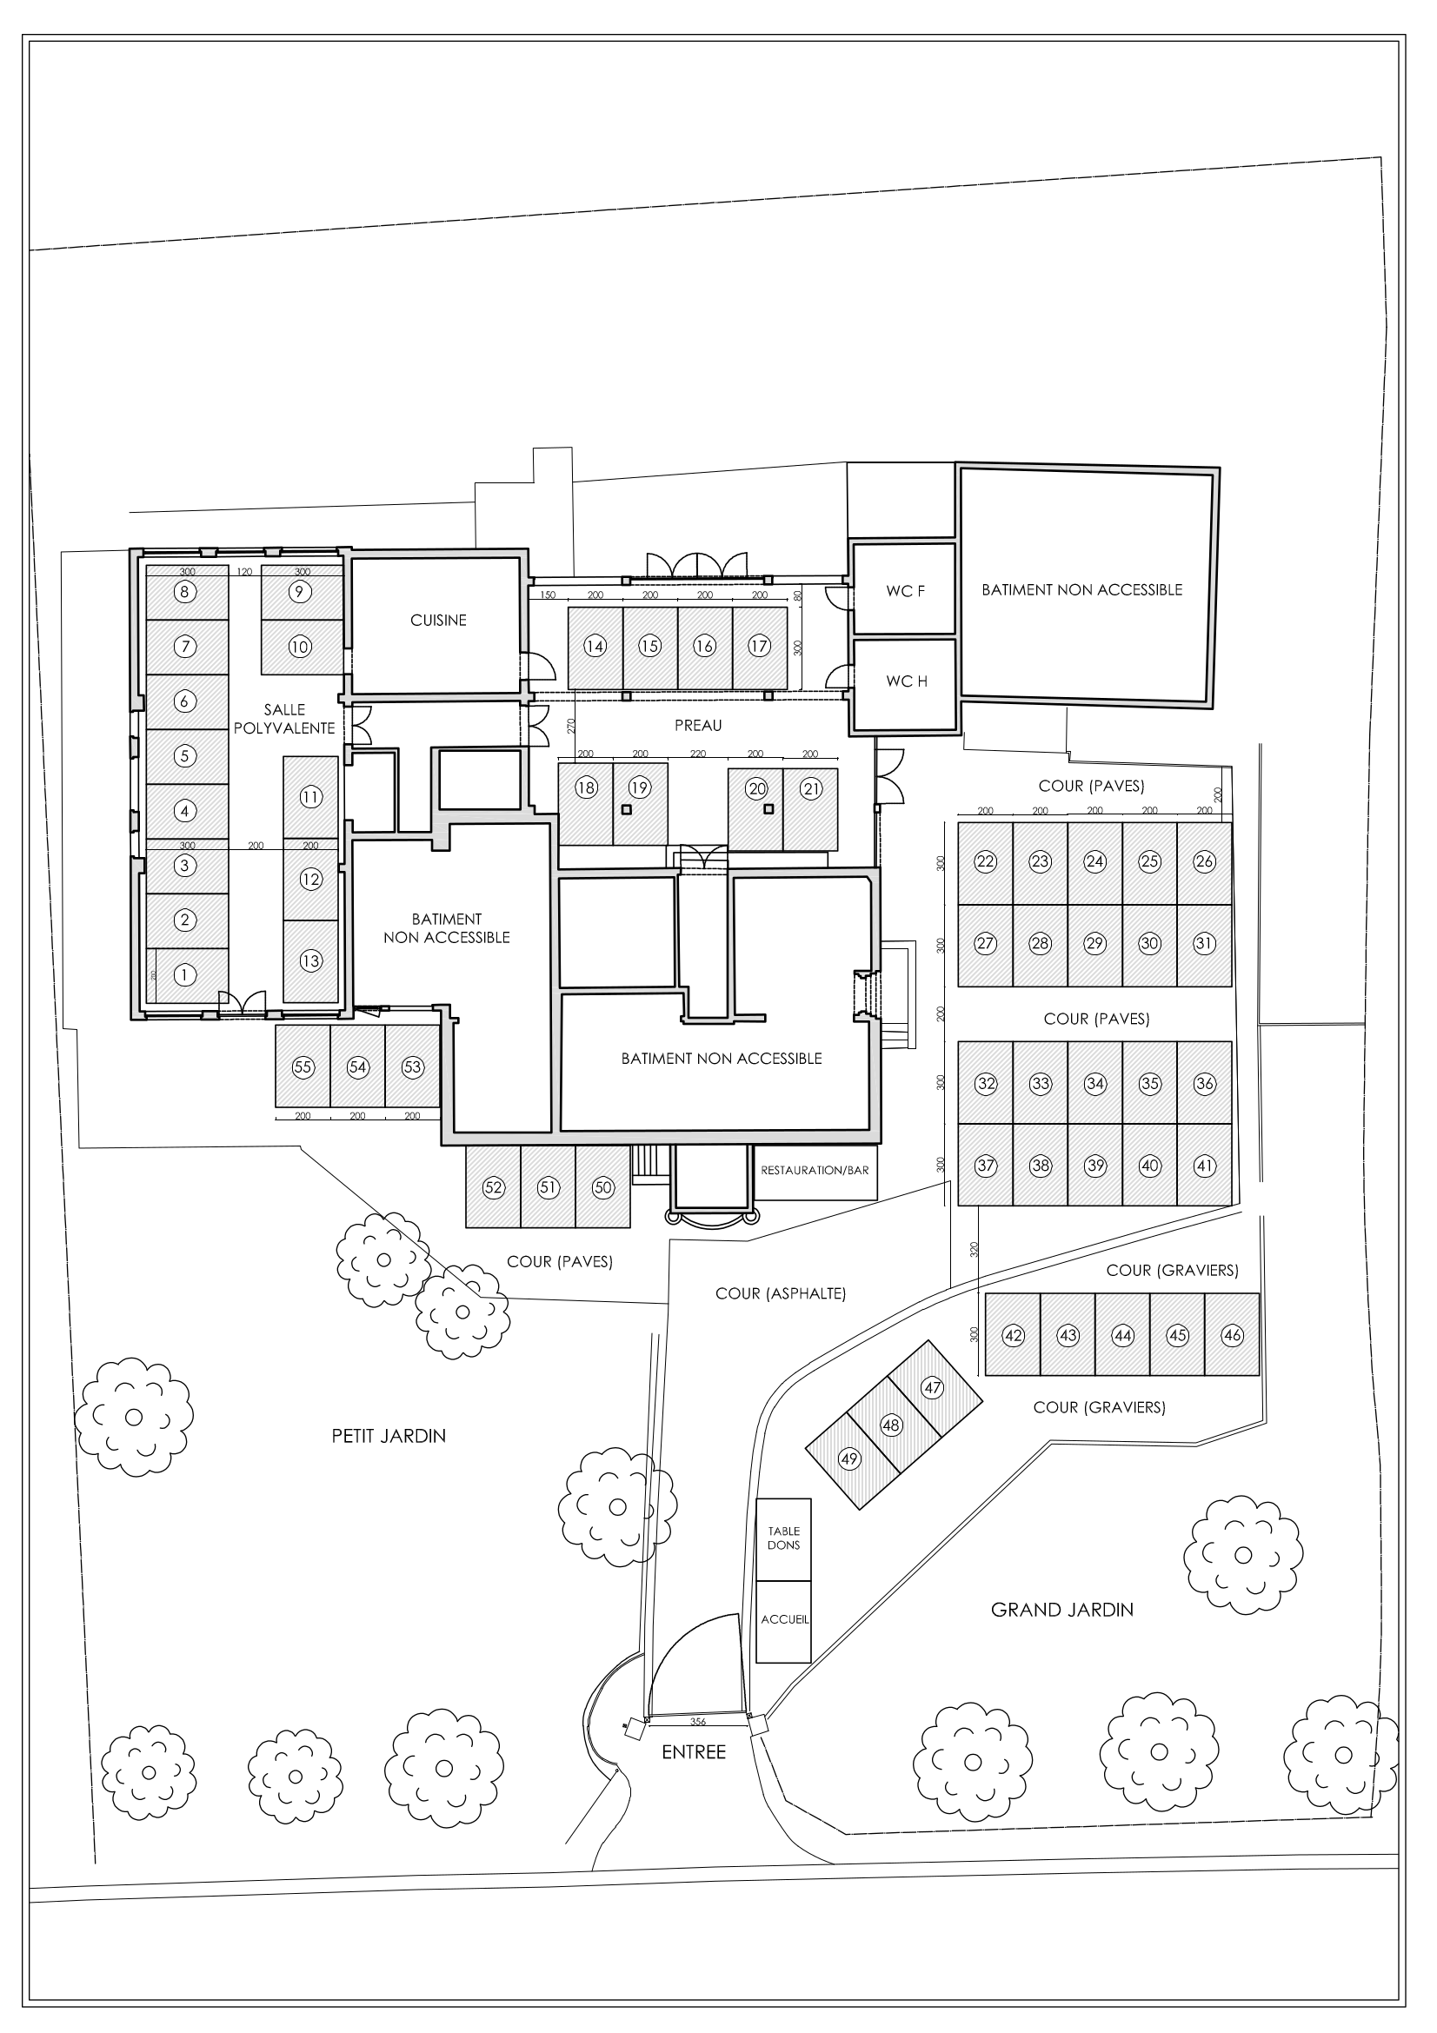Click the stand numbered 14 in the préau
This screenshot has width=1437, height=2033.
click(595, 647)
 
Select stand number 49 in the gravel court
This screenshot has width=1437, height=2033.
click(849, 1458)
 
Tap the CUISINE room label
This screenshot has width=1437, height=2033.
click(438, 621)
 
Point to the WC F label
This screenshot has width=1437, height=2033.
click(905, 592)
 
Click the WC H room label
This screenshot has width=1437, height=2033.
click(907, 681)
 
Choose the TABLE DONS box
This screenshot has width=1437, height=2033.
click(783, 1538)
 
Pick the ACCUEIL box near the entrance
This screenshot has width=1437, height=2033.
click(784, 1619)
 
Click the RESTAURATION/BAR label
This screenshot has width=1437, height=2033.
click(815, 1171)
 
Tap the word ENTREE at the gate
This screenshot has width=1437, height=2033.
click(693, 1752)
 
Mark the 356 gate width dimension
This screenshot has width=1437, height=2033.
click(698, 1722)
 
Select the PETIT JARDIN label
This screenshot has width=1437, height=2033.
click(389, 1436)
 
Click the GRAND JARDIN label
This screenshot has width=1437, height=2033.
click(1061, 1610)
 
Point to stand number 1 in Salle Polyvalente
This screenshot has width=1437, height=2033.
click(184, 975)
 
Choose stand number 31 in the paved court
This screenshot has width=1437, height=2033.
click(1204, 944)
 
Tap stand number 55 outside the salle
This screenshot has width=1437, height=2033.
click(303, 1067)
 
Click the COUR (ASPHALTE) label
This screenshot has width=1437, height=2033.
click(780, 1293)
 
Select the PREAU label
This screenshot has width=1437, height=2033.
click(698, 725)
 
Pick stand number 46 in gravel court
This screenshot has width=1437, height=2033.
click(1232, 1335)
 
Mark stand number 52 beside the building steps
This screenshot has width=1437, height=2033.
click(493, 1187)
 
